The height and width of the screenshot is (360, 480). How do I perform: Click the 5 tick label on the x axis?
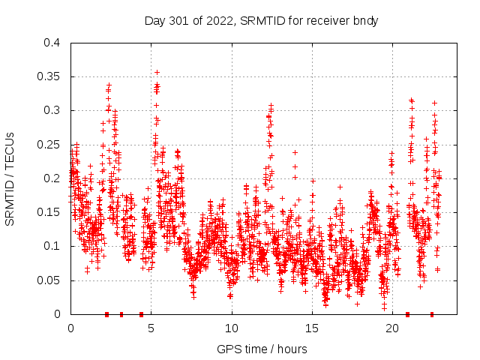point(151,328)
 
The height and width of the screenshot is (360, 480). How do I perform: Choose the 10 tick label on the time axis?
point(232,328)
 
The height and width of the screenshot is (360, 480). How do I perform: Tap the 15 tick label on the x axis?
point(312,328)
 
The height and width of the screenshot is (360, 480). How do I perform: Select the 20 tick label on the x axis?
point(392,328)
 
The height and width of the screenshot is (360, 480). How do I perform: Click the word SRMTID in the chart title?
point(259,21)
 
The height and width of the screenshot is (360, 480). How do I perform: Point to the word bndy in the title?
point(365,21)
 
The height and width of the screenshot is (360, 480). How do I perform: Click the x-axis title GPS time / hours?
point(262,349)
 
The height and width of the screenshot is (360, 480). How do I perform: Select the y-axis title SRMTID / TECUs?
point(10,178)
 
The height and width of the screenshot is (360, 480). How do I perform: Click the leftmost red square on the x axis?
point(106,314)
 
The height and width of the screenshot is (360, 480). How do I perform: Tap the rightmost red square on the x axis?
point(432,314)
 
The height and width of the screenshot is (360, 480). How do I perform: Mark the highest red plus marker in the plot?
point(157,73)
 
